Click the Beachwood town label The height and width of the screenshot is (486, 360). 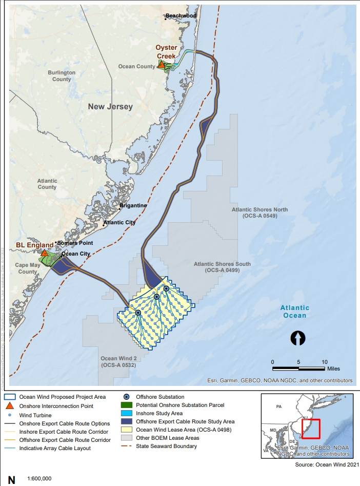181,16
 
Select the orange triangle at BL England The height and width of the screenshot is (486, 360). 45,253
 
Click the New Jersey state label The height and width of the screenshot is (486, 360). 110,107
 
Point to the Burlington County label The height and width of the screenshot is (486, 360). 62,76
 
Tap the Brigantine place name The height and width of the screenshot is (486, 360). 133,206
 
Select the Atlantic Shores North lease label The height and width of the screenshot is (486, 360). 259,213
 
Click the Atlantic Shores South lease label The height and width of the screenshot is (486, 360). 222,267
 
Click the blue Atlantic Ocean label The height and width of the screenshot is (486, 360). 295,312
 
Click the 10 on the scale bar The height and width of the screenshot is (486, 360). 325,362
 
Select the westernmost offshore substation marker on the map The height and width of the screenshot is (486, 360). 138,312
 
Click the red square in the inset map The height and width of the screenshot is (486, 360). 311,429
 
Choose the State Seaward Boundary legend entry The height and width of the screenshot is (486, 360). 166,446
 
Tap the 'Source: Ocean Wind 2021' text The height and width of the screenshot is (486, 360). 326,464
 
